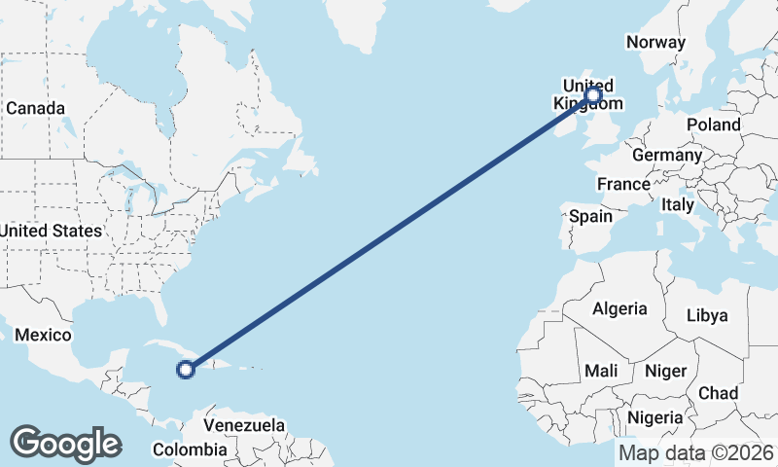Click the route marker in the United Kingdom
click(592, 95)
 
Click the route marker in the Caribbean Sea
click(186, 369)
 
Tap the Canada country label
click(35, 108)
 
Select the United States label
click(51, 231)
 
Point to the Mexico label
click(43, 336)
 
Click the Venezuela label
click(244, 425)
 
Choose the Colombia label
click(190, 449)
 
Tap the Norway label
click(656, 42)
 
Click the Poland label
click(713, 125)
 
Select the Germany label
click(666, 155)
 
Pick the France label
click(623, 184)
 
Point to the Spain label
click(591, 216)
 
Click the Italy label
click(678, 205)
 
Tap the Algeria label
click(619, 308)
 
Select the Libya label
click(707, 315)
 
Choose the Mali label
click(602, 371)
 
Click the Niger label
click(666, 371)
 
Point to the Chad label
click(718, 393)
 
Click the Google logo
click(65, 444)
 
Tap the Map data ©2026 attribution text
click(696, 452)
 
